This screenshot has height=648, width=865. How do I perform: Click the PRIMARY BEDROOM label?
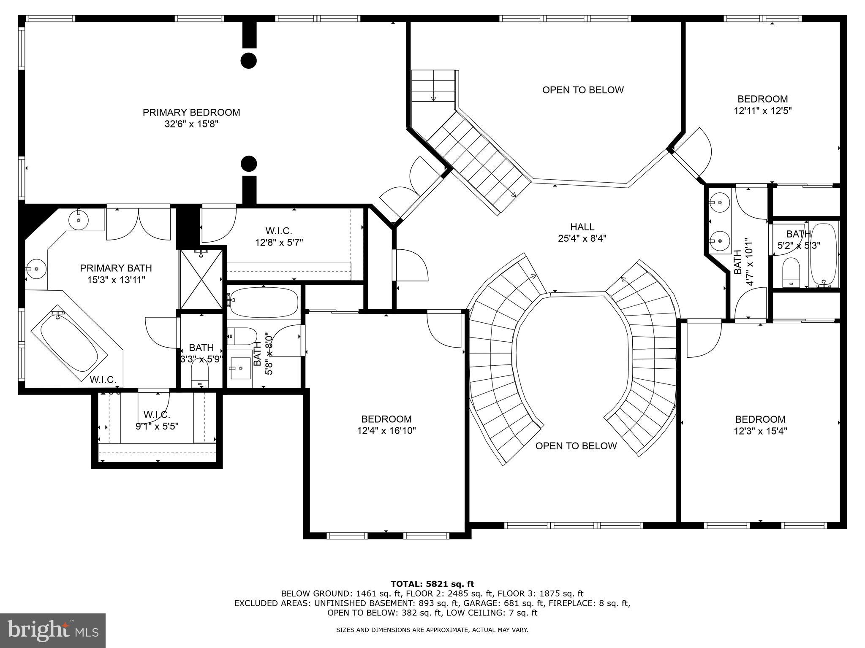point(191,112)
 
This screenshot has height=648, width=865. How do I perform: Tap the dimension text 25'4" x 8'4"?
point(582,238)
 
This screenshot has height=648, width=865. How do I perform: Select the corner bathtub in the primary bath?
point(69,344)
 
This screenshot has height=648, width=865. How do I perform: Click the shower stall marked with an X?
point(201,279)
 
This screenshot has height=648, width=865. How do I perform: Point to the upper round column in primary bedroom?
point(249,60)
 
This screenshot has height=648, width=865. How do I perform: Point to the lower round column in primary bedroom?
point(249,164)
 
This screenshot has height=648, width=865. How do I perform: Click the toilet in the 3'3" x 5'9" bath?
point(200,373)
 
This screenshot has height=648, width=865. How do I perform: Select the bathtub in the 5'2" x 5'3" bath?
point(824,254)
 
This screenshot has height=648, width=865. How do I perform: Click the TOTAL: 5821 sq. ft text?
point(432,584)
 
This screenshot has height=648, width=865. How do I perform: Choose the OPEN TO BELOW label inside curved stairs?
point(576,446)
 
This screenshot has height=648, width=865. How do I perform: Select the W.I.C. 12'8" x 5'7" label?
point(279,237)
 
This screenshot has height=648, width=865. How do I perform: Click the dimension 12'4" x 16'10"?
point(386,431)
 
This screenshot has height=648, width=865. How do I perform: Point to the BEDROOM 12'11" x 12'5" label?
point(762,105)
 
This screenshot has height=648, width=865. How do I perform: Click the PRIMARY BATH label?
point(116,268)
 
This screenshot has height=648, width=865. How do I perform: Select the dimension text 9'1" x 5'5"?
point(157,426)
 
